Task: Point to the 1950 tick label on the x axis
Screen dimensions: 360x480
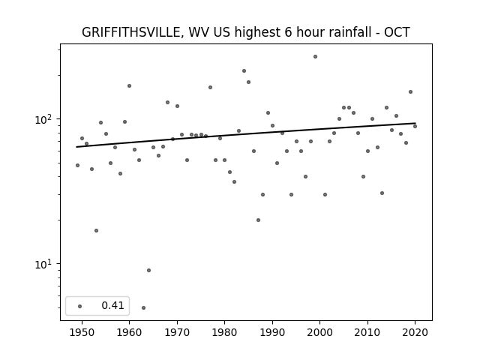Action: point(82,332)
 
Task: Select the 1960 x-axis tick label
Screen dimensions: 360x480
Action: point(129,332)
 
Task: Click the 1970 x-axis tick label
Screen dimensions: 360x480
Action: point(177,332)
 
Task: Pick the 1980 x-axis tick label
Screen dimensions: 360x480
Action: point(224,332)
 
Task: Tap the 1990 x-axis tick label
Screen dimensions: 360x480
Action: point(272,332)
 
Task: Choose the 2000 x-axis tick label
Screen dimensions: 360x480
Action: point(320,332)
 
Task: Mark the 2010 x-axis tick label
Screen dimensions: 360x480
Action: point(367,332)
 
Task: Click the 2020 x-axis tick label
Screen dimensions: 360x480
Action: point(415,332)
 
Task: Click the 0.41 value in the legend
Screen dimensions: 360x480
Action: point(112,306)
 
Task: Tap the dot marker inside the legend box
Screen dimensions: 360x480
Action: point(79,306)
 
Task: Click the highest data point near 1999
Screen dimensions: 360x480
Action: point(315,56)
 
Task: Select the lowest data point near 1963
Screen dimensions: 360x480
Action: point(143,307)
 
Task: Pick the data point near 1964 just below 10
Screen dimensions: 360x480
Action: point(148,270)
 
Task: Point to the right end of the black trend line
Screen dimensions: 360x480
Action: point(415,123)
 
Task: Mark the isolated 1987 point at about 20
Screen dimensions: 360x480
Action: point(258,220)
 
